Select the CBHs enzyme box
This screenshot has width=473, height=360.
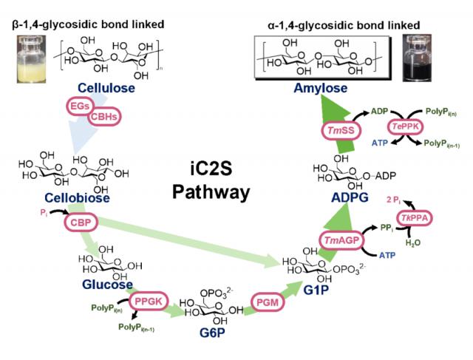tap(104, 118)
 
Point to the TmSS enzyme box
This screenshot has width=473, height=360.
tap(341, 131)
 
